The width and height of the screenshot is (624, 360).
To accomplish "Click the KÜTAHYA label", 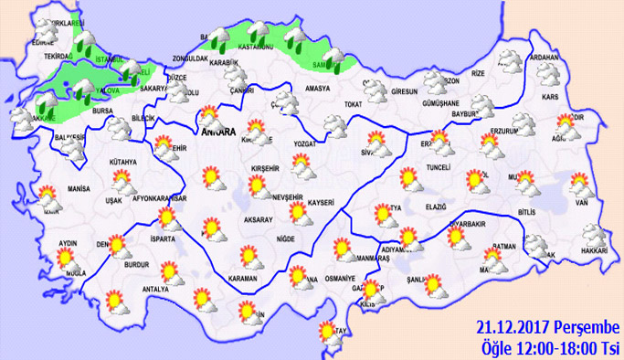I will (121, 163).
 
